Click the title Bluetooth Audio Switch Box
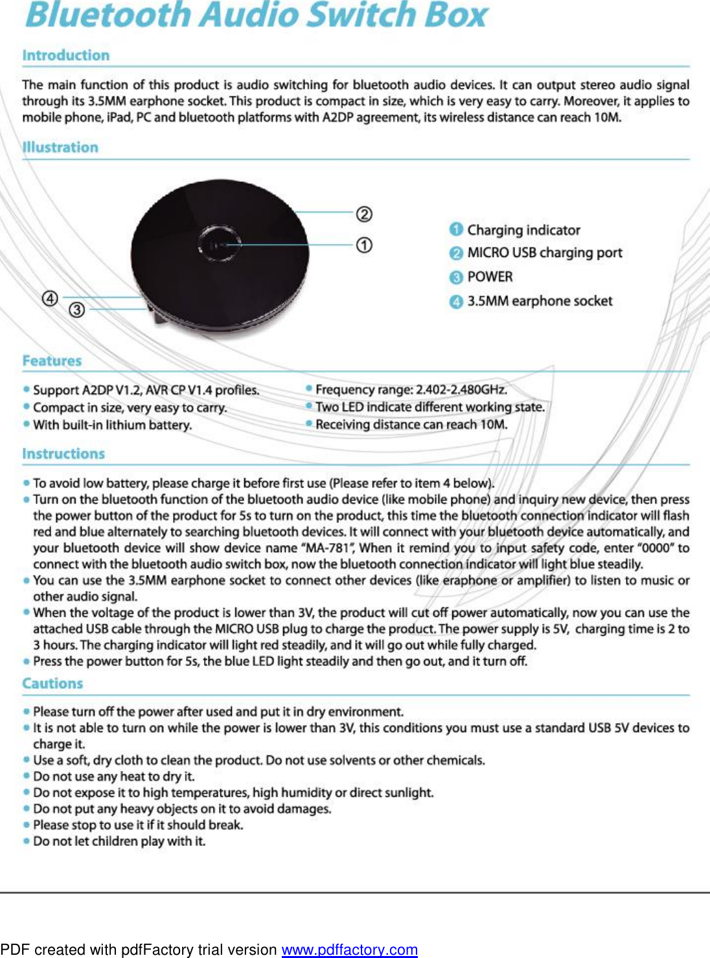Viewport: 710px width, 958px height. pos(256,16)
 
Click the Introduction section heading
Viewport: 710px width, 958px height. pos(65,56)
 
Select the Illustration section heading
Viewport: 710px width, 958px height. pos(60,148)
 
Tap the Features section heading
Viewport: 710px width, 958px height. pos(52,361)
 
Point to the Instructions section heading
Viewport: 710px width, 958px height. pos(63,454)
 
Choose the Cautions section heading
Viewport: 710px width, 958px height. pos(52,684)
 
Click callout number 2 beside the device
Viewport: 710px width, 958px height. pos(364,214)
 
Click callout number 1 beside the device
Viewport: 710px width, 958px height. pos(364,245)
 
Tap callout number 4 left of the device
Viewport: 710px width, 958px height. pos(50,298)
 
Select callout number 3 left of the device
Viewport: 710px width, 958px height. pos(76,310)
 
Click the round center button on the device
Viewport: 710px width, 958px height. pos(219,245)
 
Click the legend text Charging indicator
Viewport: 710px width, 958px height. pos(523,230)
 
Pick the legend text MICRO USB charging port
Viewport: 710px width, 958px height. pos(544,253)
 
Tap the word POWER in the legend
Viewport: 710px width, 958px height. pos(490,277)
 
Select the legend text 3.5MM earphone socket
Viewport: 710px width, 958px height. pos(540,301)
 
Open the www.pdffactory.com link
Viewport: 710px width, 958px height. pos(349,950)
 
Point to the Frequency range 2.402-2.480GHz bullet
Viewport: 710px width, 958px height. pos(411,390)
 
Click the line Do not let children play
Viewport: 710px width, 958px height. pos(119,841)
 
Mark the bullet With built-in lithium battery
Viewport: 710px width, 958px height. pos(112,425)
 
